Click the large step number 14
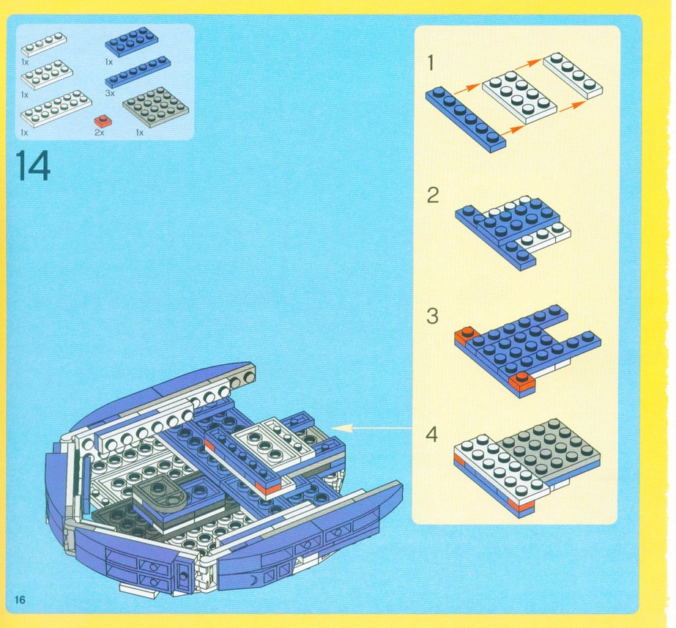33,166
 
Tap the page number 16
20,599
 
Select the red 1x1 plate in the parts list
103,121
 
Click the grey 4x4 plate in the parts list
156,106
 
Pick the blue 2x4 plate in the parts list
132,42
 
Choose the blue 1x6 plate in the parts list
138,73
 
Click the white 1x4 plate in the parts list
44,45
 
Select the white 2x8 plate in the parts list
56,108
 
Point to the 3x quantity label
110,93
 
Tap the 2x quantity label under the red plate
99,133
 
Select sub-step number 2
433,196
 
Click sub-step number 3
432,316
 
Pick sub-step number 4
431,435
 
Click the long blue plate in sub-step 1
466,119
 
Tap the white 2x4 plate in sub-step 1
519,97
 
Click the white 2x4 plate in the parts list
47,75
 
